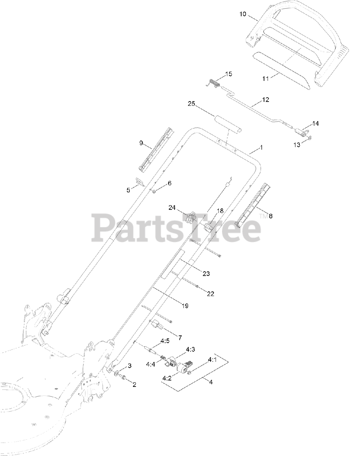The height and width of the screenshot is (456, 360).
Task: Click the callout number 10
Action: coord(242,14)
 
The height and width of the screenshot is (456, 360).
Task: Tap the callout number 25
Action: coord(191,104)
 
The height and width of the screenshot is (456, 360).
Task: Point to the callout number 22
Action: coord(210,294)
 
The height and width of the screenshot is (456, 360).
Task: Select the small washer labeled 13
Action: coord(310,138)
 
